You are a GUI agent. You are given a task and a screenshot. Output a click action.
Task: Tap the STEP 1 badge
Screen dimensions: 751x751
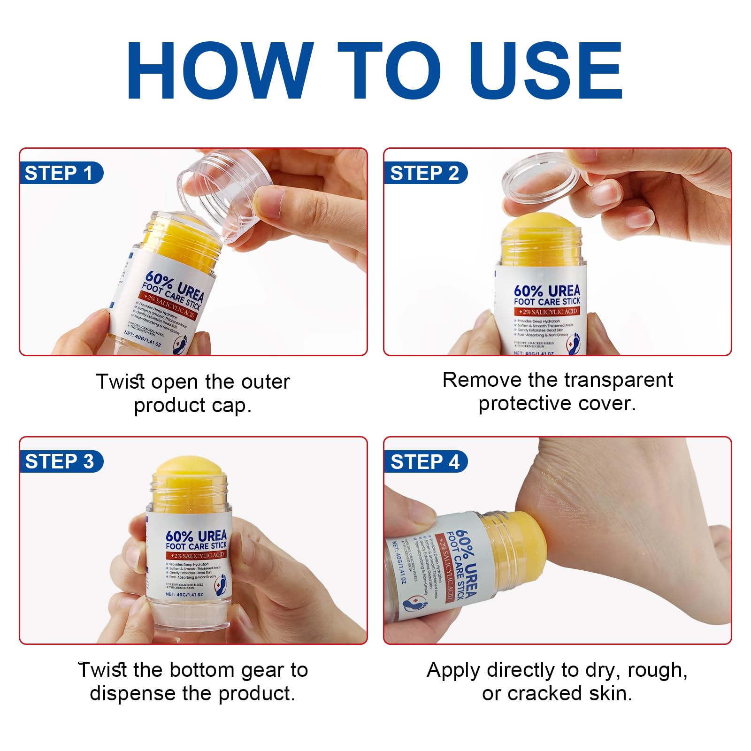point(59,173)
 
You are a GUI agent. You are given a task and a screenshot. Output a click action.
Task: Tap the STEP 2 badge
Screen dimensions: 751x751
point(424,173)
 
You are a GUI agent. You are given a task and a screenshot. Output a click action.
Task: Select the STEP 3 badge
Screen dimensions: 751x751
point(59,461)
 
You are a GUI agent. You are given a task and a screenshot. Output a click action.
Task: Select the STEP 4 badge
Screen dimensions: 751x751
point(424,462)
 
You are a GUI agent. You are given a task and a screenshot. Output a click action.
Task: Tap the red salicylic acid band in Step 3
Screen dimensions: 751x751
point(197,555)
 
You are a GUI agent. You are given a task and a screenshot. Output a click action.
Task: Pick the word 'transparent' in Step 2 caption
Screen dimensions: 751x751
point(620,380)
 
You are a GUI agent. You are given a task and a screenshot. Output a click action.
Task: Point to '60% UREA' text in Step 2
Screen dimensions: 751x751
point(547,291)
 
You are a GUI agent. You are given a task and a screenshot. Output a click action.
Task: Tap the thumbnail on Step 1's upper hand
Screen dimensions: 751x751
point(265,202)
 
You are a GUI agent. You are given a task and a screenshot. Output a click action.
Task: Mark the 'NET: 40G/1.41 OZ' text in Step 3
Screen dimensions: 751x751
point(184,594)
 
